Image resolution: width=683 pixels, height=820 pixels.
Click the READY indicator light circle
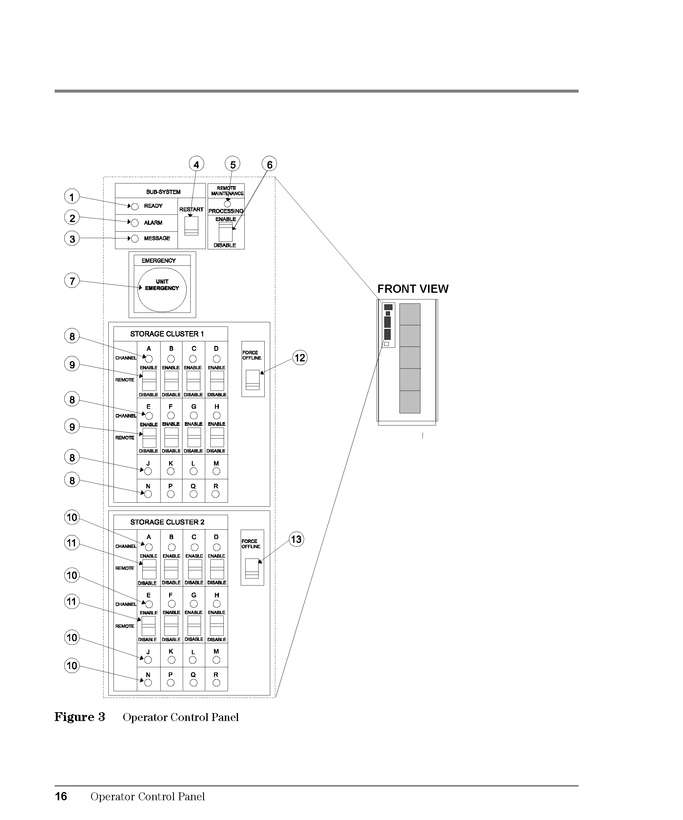(x=135, y=207)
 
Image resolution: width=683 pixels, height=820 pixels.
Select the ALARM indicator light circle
(x=135, y=223)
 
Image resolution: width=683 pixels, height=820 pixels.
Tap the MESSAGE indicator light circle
(x=135, y=239)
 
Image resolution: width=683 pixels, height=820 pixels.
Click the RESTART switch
(x=191, y=226)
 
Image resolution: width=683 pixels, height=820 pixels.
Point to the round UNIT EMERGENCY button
(x=162, y=290)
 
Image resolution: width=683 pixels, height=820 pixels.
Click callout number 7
(x=72, y=281)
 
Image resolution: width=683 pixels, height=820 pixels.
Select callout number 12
(x=300, y=358)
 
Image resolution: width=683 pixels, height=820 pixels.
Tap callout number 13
(x=296, y=540)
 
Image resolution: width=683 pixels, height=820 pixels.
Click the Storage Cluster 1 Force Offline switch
(x=253, y=380)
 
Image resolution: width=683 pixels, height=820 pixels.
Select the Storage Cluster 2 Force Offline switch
(x=252, y=569)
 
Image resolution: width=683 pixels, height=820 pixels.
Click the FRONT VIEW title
(x=413, y=289)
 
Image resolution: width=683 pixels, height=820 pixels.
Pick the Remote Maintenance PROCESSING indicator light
(x=228, y=204)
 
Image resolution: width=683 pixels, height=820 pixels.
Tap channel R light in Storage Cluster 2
(x=216, y=682)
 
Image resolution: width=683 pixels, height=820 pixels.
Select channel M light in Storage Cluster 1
(x=216, y=471)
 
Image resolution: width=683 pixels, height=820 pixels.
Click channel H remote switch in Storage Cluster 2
(x=217, y=626)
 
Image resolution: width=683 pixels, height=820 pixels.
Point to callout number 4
(x=196, y=164)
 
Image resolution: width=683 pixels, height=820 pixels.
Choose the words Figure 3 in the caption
(x=80, y=717)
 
